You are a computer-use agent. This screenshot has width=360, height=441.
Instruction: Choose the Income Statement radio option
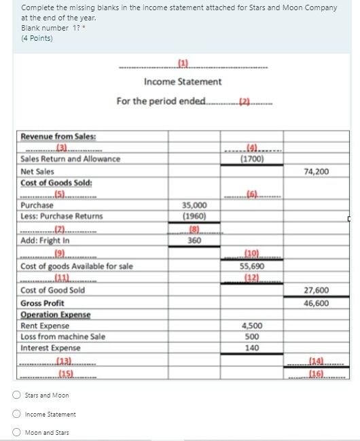(x=16, y=414)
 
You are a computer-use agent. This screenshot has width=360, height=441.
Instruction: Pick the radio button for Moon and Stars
(x=16, y=433)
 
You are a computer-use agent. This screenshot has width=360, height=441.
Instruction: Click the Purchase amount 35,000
(x=195, y=205)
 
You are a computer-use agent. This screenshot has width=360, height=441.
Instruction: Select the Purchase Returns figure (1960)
(x=195, y=216)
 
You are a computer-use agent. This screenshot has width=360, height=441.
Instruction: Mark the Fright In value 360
(x=195, y=240)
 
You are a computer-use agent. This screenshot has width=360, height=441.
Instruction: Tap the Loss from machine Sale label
(x=62, y=336)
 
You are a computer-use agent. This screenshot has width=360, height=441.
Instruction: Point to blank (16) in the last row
(x=317, y=374)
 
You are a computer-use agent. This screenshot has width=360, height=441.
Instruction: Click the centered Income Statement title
(x=183, y=82)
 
